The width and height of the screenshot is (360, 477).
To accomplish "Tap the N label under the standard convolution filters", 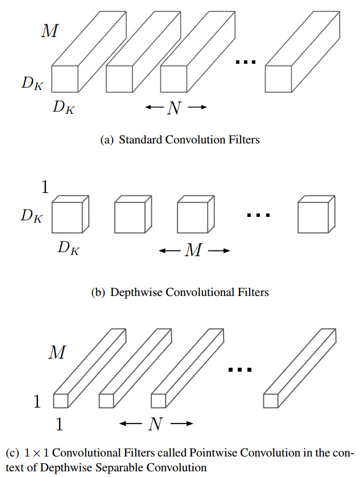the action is [174, 108].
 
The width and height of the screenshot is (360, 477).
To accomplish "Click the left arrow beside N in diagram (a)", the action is [154, 107].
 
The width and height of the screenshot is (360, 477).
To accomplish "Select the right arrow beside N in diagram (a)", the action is [197, 107].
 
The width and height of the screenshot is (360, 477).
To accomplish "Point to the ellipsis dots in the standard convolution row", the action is [246, 62].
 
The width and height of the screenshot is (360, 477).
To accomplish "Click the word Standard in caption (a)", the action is [140, 139].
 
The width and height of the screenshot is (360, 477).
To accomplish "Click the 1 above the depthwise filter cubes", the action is [45, 187].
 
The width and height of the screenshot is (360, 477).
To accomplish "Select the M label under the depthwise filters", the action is [193, 250].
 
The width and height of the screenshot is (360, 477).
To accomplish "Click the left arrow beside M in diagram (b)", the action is [169, 250].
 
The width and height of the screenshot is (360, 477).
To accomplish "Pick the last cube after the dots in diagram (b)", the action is [316, 214].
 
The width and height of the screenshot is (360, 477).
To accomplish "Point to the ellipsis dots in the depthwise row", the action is [258, 215].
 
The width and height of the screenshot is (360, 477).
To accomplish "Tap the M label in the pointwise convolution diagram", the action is [57, 352].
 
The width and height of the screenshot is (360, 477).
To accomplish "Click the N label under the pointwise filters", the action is [155, 423].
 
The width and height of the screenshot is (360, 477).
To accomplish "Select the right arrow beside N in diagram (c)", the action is [182, 423].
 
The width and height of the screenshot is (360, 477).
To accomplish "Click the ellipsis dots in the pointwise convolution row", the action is [240, 370].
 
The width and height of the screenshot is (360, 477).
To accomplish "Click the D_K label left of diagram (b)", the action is [32, 216].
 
